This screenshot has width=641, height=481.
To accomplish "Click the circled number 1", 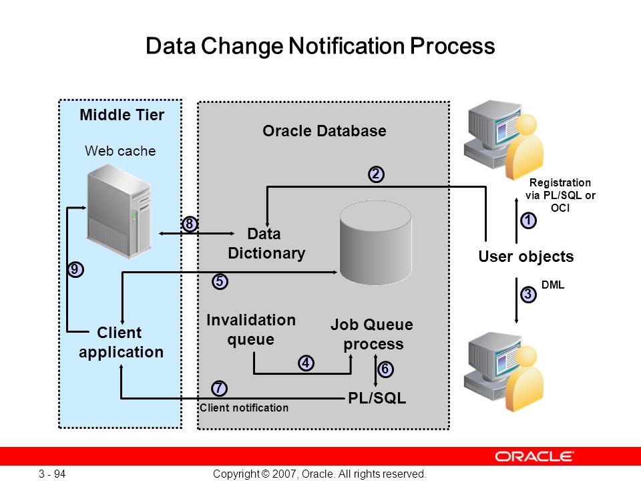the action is click(x=528, y=220).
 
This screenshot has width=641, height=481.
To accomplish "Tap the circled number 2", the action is click(x=376, y=174).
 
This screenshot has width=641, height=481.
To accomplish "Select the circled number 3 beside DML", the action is click(x=528, y=294).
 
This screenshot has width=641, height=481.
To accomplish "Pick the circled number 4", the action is click(x=306, y=363).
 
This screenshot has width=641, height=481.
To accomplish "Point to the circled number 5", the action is click(x=220, y=281).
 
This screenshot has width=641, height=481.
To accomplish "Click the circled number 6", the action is click(x=385, y=369).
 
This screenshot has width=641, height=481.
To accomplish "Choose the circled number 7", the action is click(x=219, y=388).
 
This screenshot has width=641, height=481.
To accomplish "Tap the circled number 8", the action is click(x=189, y=224).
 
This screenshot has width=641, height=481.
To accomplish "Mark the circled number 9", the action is click(x=75, y=269).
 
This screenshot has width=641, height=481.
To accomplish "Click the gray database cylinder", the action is click(x=376, y=243).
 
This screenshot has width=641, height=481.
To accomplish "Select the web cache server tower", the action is click(x=119, y=211).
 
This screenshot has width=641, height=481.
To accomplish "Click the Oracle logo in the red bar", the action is click(x=534, y=456).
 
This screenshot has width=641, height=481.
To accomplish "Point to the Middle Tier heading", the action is click(x=122, y=115).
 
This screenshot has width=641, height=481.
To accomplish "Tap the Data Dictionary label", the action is click(x=266, y=243).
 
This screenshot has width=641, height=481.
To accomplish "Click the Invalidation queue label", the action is click(x=251, y=329).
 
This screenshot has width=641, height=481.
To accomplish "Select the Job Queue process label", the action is click(x=372, y=334).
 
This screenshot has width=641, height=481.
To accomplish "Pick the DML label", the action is click(x=553, y=285).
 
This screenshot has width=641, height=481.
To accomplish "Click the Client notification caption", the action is click(x=244, y=408).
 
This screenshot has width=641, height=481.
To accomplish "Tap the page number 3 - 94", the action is click(x=52, y=474).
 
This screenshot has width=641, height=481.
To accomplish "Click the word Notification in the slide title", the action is click(x=347, y=45).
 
